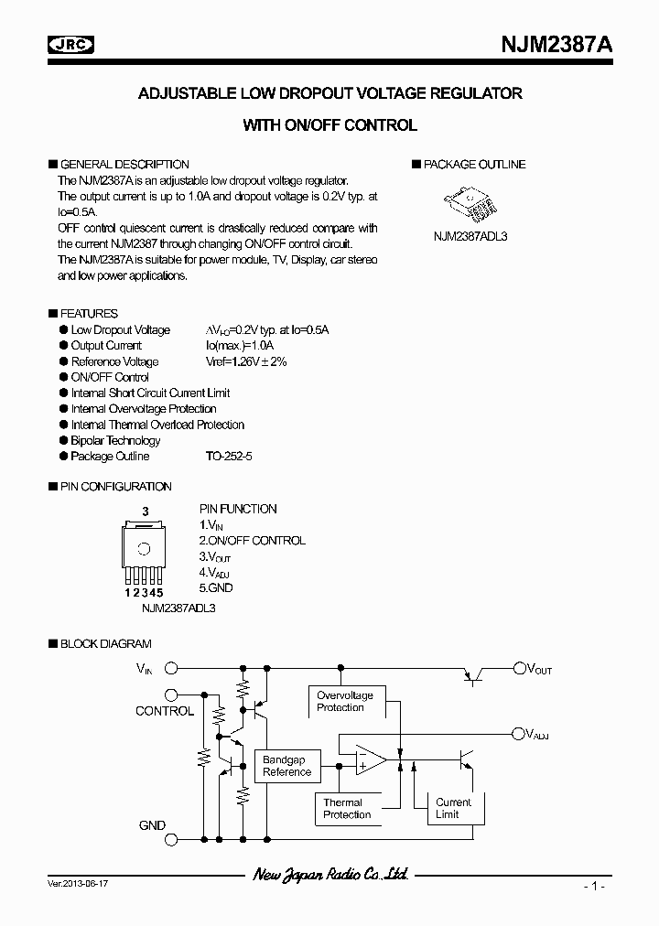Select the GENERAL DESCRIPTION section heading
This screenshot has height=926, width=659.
(124, 165)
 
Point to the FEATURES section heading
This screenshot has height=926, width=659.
(88, 314)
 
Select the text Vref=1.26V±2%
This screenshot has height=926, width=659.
(246, 361)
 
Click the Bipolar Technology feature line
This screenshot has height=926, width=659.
(115, 440)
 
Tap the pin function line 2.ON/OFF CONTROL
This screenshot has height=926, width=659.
(252, 541)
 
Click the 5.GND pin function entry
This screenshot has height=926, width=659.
(216, 588)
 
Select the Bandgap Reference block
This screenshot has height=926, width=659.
(287, 766)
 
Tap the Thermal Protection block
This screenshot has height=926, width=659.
(347, 809)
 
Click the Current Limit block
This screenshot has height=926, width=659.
(453, 809)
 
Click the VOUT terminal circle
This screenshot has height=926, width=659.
(519, 669)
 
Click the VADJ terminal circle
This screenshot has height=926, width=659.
(519, 733)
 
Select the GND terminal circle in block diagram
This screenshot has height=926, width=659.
(171, 825)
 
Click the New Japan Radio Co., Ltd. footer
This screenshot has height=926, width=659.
(329, 876)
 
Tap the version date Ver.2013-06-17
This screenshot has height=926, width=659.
(76, 886)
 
